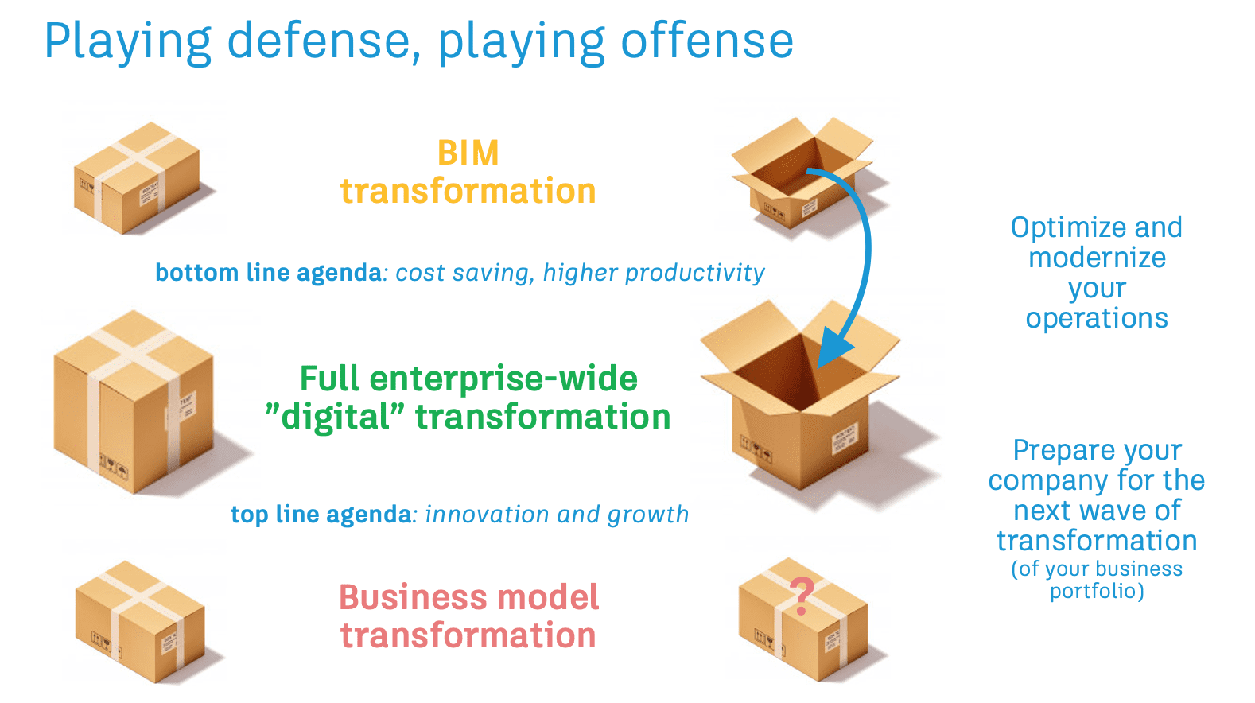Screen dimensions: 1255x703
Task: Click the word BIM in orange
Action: tap(468, 153)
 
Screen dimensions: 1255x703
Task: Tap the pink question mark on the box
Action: tap(802, 596)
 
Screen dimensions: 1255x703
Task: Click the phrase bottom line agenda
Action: tap(268, 273)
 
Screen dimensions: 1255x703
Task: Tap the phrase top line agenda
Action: tap(321, 515)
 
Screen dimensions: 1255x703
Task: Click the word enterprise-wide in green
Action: tap(503, 379)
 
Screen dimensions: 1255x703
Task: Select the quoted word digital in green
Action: tap(335, 418)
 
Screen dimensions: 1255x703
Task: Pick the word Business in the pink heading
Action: tap(414, 597)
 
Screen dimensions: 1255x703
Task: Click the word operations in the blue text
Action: tap(1097, 319)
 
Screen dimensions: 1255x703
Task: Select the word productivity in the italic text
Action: tap(695, 274)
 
